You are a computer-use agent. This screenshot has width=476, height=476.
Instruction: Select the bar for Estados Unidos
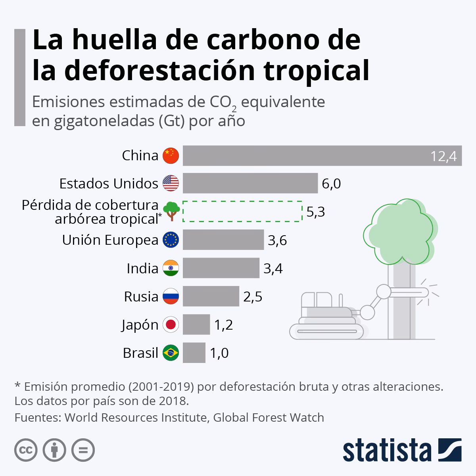click(250, 183)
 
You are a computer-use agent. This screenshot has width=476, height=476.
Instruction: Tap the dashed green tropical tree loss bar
click(242, 211)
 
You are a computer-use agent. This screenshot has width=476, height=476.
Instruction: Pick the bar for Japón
click(196, 325)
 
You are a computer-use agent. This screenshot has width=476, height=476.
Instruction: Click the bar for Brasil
click(194, 353)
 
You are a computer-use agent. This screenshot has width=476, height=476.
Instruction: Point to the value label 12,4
click(444, 157)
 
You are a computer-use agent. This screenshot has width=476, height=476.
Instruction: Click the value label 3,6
click(277, 240)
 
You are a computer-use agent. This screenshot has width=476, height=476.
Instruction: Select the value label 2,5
click(253, 297)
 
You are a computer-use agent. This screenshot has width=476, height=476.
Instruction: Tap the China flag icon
click(171, 155)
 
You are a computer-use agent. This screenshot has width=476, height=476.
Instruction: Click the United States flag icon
click(171, 183)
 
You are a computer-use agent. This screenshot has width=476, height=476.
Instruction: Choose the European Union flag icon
click(171, 240)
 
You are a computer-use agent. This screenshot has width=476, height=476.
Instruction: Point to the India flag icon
click(171, 268)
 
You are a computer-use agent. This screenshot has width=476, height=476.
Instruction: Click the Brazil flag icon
click(171, 353)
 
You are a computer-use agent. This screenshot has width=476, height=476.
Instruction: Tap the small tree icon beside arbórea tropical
click(171, 211)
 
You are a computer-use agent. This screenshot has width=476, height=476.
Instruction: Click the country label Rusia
click(141, 297)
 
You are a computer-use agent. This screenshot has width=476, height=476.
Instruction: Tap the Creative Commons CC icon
click(26, 450)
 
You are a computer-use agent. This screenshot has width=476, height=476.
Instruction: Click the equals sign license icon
click(83, 450)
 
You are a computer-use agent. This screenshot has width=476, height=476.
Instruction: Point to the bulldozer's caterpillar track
click(326, 331)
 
